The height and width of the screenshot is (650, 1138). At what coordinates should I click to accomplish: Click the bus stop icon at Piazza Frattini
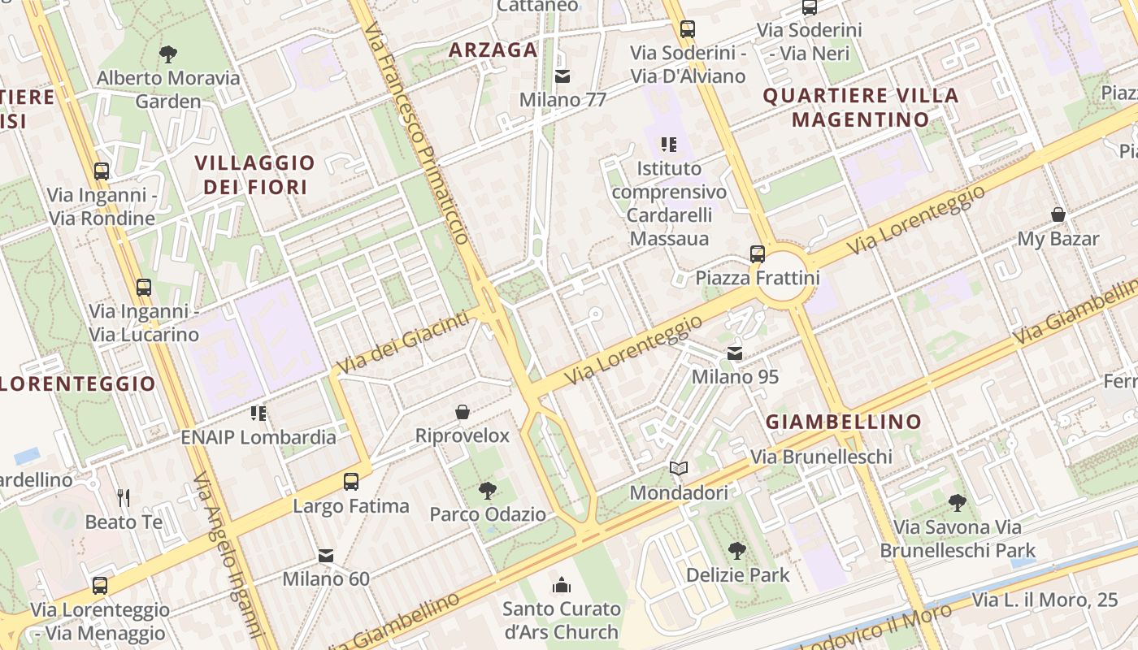pyautogui.click(x=758, y=253)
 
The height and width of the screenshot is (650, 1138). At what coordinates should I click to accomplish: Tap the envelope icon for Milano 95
pyautogui.click(x=735, y=353)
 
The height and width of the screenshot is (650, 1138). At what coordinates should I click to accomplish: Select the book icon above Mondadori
pyautogui.click(x=679, y=468)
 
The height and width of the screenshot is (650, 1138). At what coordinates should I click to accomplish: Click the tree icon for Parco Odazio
pyautogui.click(x=488, y=490)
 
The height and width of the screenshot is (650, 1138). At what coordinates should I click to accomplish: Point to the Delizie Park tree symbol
pyautogui.click(x=737, y=550)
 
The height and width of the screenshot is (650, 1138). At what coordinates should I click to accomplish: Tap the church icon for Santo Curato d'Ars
pyautogui.click(x=561, y=584)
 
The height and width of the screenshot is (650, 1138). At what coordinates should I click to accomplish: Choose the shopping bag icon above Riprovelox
pyautogui.click(x=463, y=412)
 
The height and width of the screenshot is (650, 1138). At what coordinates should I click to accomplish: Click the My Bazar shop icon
pyautogui.click(x=1058, y=214)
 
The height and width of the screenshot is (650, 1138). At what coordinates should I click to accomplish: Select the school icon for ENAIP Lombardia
pyautogui.click(x=258, y=413)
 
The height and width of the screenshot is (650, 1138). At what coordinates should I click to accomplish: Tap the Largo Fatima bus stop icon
pyautogui.click(x=351, y=481)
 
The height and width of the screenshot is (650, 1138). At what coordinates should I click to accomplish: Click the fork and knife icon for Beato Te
pyautogui.click(x=124, y=497)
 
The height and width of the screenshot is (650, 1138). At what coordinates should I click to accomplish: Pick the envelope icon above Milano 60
pyautogui.click(x=326, y=555)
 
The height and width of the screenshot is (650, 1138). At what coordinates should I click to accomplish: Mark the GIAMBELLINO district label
pyautogui.click(x=844, y=422)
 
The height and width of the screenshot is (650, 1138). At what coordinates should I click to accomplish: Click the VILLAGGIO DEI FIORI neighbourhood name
pyautogui.click(x=254, y=175)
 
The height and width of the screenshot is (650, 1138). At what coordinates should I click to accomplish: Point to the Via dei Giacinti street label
pyautogui.click(x=403, y=342)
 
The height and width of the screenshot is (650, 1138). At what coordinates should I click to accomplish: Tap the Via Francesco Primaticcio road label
pyautogui.click(x=416, y=134)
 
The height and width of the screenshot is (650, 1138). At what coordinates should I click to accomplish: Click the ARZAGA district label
pyautogui.click(x=493, y=50)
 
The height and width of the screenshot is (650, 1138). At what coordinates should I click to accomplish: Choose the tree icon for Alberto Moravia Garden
pyautogui.click(x=168, y=54)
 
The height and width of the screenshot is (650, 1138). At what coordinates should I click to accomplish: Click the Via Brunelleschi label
pyautogui.click(x=821, y=457)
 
